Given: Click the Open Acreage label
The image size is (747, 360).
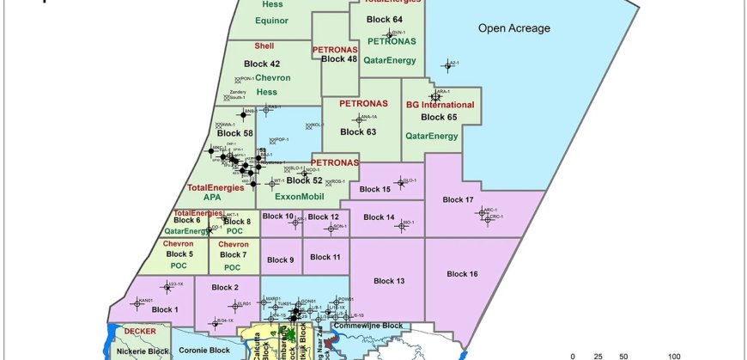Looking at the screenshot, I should [x=514, y=28].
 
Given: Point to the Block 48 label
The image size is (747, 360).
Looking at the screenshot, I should [x=339, y=59].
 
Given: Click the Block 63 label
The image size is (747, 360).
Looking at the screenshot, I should [x=358, y=132].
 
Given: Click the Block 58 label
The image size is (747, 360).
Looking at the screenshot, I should [x=235, y=133].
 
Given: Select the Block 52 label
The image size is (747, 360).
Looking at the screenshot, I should [x=304, y=180].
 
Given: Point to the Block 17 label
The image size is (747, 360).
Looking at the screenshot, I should [x=458, y=200].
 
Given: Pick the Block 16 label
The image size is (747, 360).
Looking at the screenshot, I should [x=463, y=273].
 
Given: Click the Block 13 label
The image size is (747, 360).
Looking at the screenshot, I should [x=389, y=281].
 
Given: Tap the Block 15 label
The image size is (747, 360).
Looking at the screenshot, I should [x=375, y=189].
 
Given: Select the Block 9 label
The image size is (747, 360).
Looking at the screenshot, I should [x=280, y=259].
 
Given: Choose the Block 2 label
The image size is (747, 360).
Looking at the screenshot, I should [x=224, y=287].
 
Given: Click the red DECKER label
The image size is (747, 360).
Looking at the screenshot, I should [x=139, y=330].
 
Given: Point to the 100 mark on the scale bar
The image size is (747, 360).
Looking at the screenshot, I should [x=675, y=355].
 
